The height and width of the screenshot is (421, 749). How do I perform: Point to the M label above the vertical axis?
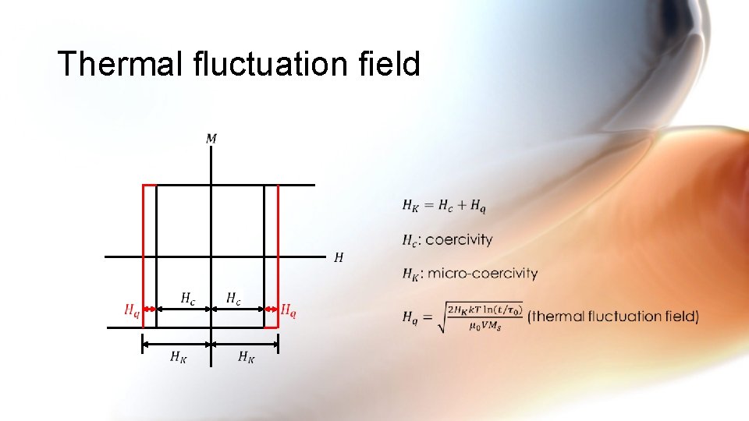point(211,139)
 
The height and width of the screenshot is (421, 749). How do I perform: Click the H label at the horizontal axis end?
point(339,256)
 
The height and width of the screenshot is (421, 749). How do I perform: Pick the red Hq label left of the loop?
point(132,310)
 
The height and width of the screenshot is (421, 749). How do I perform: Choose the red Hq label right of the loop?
point(289,310)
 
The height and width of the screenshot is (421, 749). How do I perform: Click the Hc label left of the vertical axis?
point(188,298)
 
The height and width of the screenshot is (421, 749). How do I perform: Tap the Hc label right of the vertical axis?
point(233,298)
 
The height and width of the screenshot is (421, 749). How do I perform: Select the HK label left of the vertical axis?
point(179,357)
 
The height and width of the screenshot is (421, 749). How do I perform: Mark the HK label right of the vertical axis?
point(246,357)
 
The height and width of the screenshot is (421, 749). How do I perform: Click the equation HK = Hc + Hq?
point(444,206)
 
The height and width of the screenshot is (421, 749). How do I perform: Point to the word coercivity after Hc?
point(459,239)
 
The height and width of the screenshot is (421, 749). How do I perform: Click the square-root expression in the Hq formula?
point(477,316)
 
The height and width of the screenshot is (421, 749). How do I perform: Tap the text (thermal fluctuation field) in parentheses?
point(613,316)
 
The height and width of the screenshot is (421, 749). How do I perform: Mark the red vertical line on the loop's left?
point(143,257)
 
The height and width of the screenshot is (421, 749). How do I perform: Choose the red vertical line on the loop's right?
point(279,257)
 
